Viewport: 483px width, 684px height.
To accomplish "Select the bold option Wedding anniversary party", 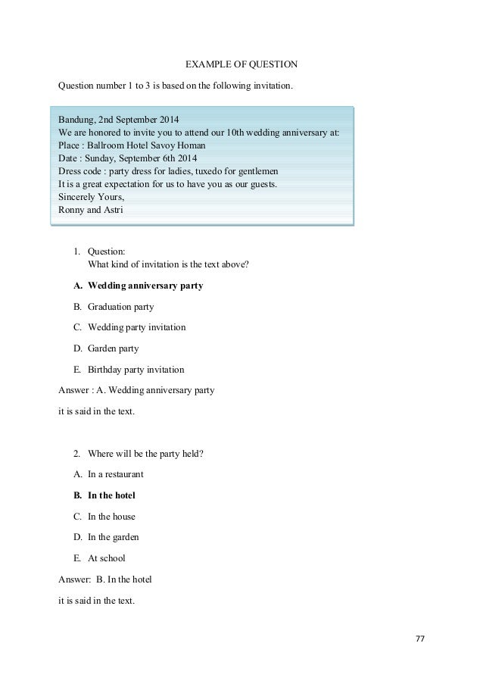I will coord(145,287).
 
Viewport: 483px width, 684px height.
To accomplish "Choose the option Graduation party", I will coord(120,307).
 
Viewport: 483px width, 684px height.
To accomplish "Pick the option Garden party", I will coord(113,348).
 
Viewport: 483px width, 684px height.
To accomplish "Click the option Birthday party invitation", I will coord(136,370).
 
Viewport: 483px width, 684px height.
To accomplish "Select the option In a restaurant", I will coord(115,474).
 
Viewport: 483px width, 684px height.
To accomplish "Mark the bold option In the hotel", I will coord(111,495).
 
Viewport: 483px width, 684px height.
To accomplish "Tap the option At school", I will coord(107,558).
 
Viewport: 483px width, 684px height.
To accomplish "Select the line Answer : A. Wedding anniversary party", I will coord(136,391).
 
